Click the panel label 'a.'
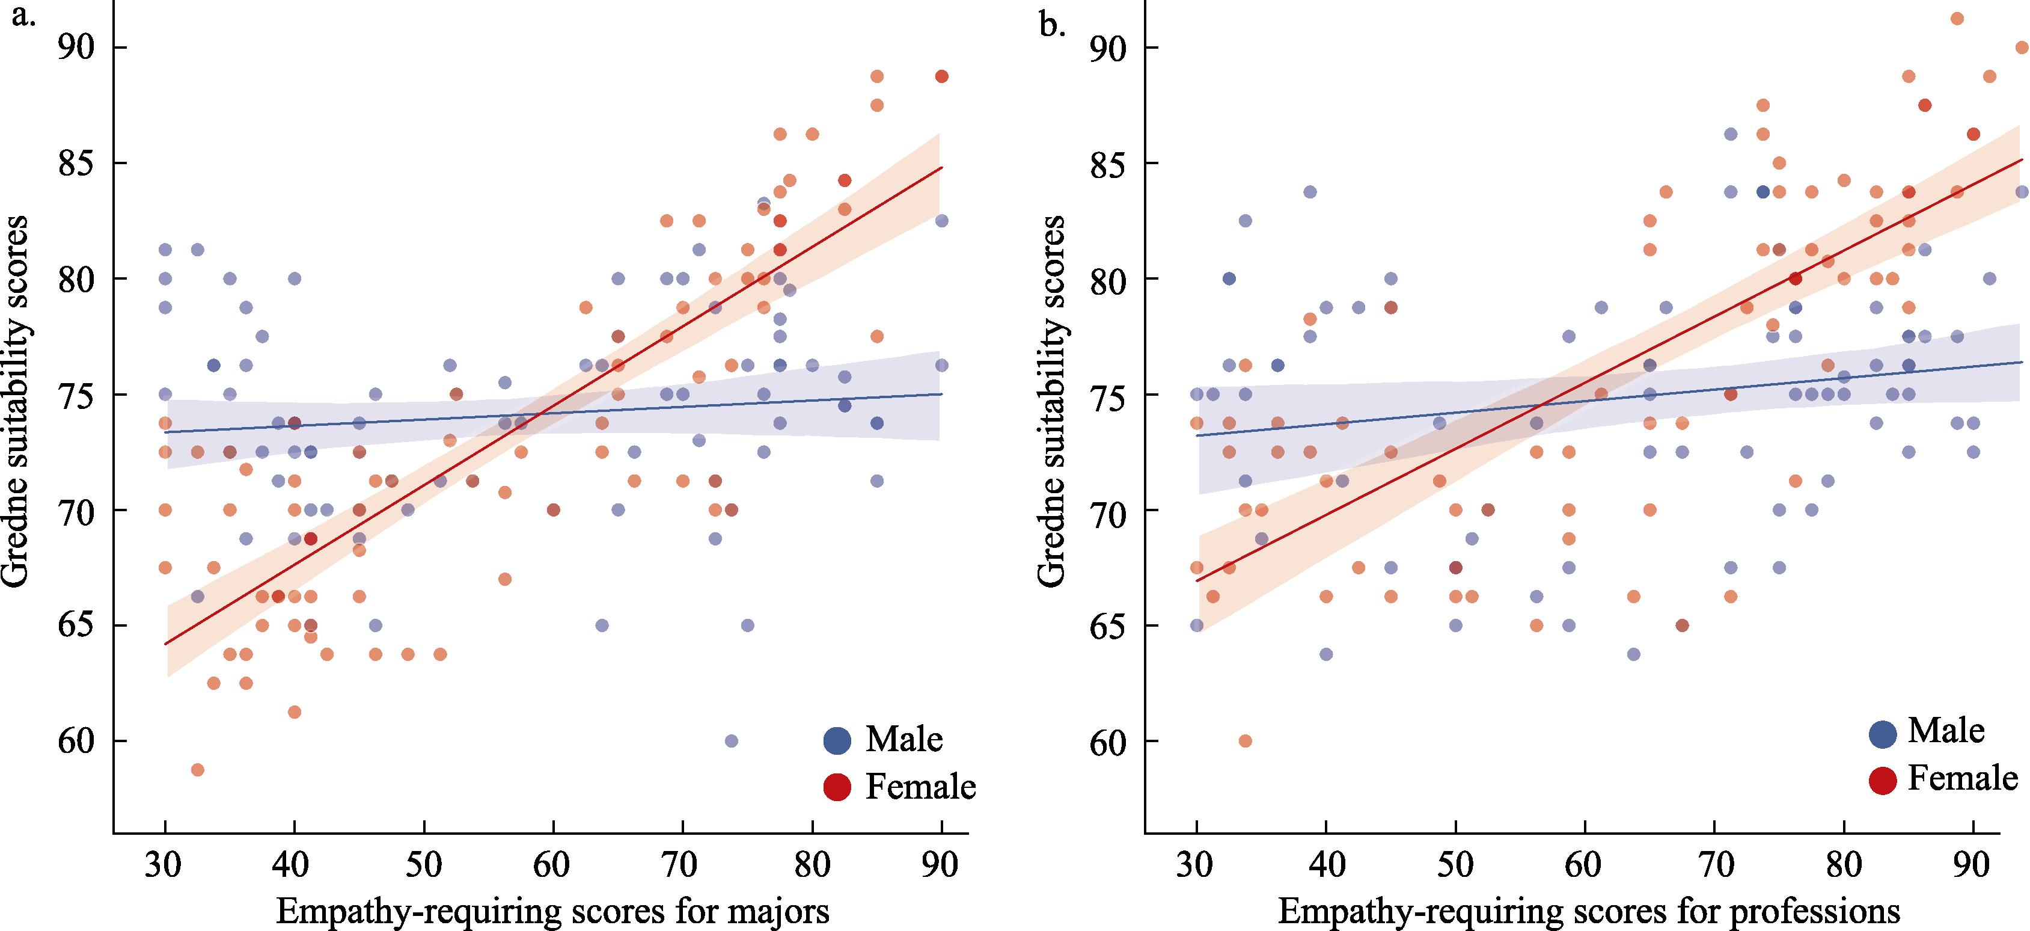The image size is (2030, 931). [x=23, y=16]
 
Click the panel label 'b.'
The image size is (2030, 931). [x=1052, y=25]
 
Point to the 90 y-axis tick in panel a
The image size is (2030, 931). [x=76, y=48]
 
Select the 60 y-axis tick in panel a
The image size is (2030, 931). [x=76, y=741]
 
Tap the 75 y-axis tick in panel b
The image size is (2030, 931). [x=1107, y=395]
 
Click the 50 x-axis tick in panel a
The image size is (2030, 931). [x=424, y=865]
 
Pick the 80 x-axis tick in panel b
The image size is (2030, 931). [x=1843, y=865]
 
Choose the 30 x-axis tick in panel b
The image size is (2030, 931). [x=1196, y=865]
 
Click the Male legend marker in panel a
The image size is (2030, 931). [x=837, y=740]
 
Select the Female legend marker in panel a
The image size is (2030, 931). [x=837, y=787]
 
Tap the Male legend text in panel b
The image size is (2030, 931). [x=1946, y=730]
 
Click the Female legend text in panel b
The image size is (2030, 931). [x=1962, y=778]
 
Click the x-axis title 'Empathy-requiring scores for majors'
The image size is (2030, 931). [x=552, y=911]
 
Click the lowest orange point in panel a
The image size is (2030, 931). [x=198, y=769]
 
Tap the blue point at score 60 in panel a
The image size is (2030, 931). [x=732, y=741]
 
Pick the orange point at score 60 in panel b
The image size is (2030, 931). [x=1245, y=741]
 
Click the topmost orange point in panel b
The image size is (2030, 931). [x=1957, y=19]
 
